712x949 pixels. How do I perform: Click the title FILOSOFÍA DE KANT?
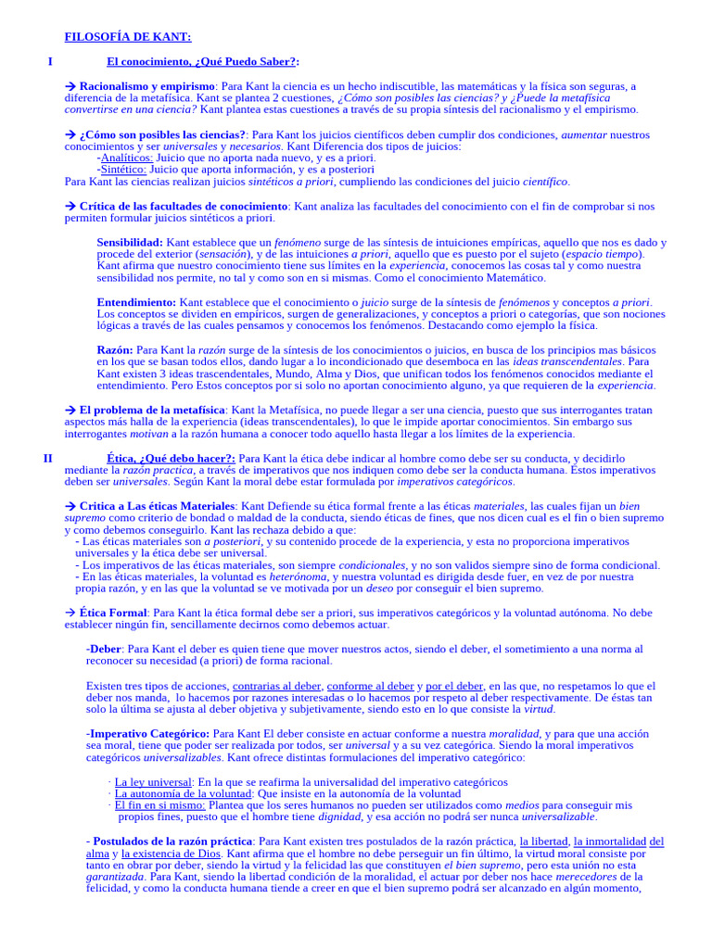(128, 37)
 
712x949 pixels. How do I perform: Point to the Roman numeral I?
(50, 61)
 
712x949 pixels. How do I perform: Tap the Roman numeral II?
(48, 458)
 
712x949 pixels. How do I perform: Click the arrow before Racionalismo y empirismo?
(70, 86)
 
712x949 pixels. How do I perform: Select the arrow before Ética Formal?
(70, 613)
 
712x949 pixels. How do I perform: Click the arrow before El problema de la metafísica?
(70, 409)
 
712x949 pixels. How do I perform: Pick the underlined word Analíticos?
(126, 158)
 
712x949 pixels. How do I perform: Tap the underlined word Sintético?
(123, 170)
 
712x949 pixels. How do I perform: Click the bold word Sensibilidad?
(130, 242)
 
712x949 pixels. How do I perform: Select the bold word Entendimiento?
(135, 302)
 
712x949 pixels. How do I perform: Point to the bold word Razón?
(114, 350)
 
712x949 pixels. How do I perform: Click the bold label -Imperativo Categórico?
(146, 733)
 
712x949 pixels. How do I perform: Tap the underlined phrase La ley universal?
(152, 782)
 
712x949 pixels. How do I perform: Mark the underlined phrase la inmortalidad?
(610, 841)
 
